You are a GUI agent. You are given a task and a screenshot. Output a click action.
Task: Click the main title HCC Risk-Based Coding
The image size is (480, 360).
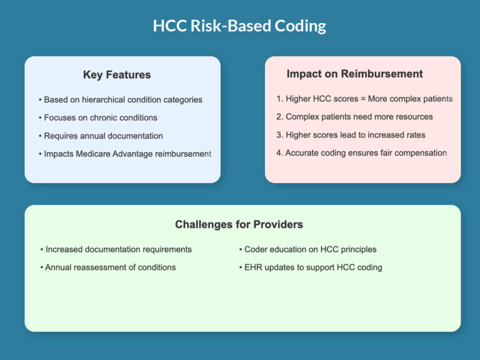pos(239,26)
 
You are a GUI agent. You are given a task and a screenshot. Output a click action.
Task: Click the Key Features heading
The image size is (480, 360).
pos(117,75)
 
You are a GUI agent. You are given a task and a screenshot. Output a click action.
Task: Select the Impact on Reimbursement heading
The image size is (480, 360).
pos(354,74)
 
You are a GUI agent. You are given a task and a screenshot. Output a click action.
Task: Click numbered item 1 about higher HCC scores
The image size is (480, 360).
pos(364,99)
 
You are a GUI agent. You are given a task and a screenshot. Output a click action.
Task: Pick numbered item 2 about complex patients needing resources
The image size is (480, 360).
pos(354,117)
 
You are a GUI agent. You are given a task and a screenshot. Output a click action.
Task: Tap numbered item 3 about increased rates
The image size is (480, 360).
pos(351,135)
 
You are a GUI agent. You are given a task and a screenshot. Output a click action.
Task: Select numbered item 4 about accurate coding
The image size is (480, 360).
pos(361,153)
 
